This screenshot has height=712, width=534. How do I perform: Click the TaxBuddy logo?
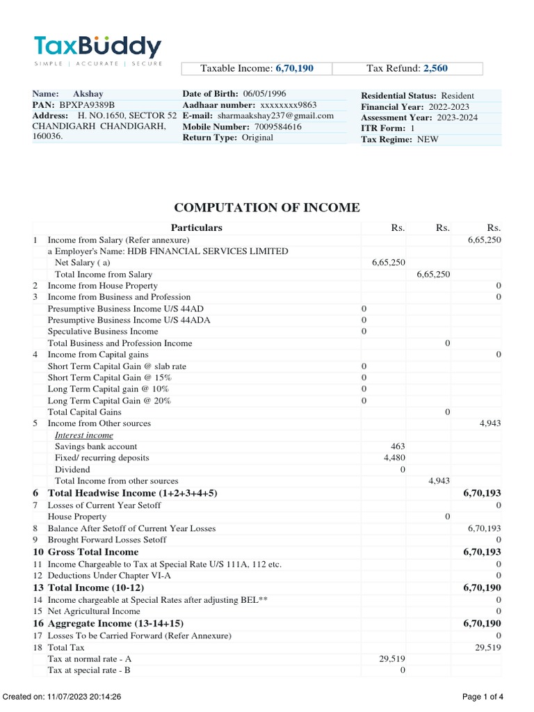97,49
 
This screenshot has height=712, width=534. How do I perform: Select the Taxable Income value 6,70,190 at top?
295,68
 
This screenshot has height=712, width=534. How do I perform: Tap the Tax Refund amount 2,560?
437,68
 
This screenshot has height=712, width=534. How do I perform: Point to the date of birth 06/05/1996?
265,93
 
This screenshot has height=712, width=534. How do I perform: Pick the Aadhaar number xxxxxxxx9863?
288,104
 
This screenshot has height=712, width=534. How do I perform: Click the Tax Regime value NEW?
428,140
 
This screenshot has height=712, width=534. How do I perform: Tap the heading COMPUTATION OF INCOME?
267,207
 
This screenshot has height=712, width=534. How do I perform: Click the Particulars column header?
197,227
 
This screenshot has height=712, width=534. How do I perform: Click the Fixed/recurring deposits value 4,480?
394,458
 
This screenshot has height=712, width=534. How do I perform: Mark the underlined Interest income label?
84,435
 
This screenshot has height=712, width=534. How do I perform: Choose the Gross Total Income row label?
93,551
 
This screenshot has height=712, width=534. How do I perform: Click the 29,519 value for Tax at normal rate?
392,658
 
